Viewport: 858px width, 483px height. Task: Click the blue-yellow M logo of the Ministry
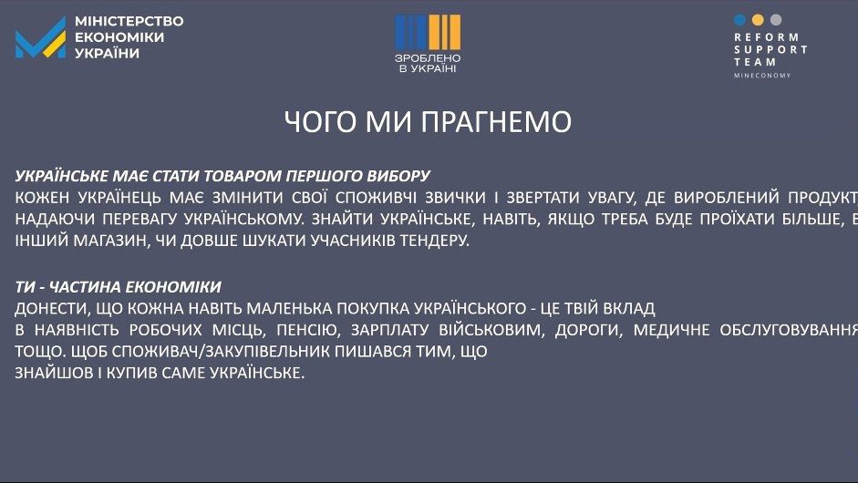(40, 37)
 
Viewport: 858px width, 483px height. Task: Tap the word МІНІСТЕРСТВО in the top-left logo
(129, 21)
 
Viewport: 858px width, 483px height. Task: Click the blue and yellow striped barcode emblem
(428, 32)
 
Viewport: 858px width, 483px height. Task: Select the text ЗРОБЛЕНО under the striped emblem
(428, 58)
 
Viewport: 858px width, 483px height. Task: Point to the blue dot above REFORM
(739, 20)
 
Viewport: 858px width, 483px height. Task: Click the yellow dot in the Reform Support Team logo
(758, 20)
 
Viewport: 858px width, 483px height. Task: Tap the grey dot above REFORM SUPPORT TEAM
(776, 20)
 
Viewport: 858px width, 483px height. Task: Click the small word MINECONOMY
(762, 76)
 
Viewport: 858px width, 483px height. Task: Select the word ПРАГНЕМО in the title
(496, 121)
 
